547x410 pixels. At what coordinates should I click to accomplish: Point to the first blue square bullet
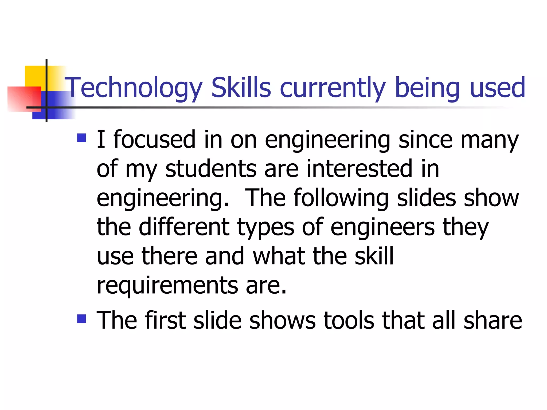(x=81, y=138)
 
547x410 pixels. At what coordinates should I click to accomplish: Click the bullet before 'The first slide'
(x=81, y=318)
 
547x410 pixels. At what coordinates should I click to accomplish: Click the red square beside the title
(x=24, y=99)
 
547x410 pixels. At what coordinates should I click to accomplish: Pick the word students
(x=211, y=168)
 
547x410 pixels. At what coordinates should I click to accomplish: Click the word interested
(x=359, y=168)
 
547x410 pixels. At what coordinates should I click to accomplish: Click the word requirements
(x=167, y=285)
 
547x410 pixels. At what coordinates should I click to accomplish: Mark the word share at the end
(x=493, y=320)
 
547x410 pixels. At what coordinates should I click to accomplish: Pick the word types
(x=265, y=227)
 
